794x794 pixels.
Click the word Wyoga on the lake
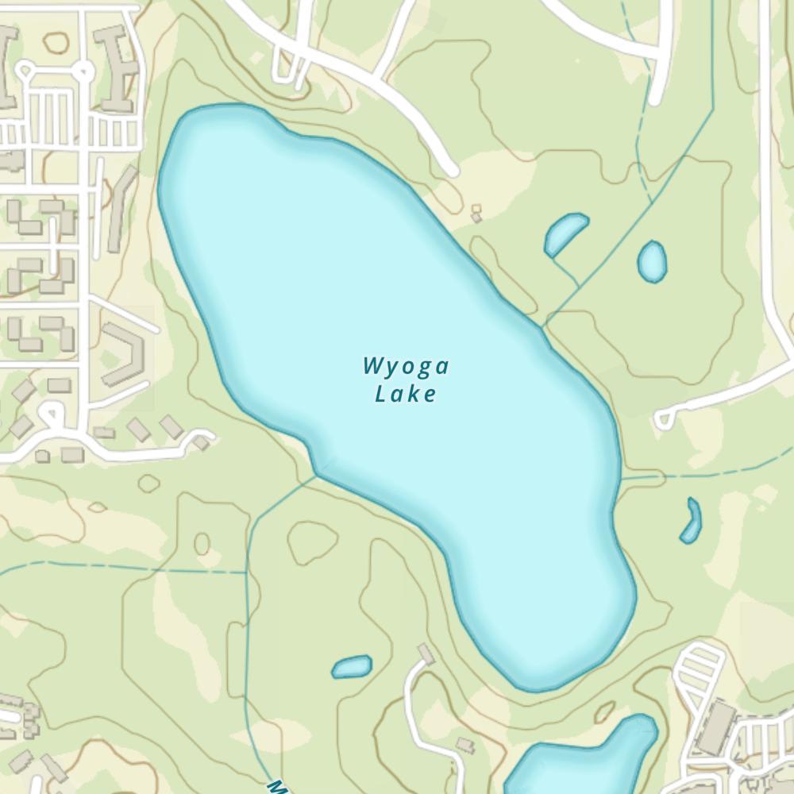[406, 367]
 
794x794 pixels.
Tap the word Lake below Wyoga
[406, 394]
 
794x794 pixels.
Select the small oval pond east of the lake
[652, 261]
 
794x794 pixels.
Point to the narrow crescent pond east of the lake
[692, 522]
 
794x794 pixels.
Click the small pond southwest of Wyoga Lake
[352, 667]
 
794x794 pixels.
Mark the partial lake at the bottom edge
[584, 762]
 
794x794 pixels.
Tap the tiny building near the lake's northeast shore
[476, 214]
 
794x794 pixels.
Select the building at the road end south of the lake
[426, 653]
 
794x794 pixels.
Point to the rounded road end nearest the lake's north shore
[450, 170]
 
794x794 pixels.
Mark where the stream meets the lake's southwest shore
[318, 476]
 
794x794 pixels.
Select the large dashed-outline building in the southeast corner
[718, 727]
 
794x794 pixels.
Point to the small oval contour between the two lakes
[202, 544]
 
